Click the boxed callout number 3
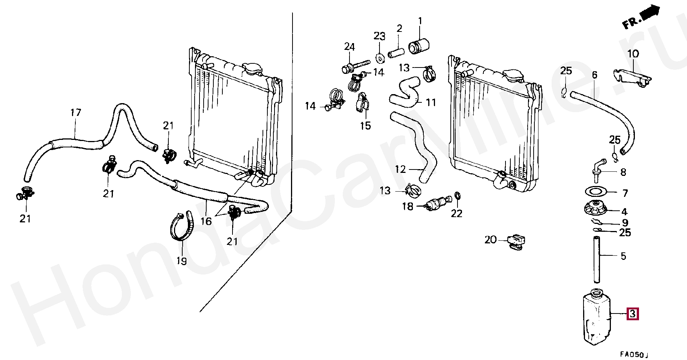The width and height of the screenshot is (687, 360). (x=632, y=313)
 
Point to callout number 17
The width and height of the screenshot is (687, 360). (x=76, y=112)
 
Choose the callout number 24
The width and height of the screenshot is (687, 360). (x=349, y=47)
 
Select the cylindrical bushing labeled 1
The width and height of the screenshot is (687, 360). (x=418, y=46)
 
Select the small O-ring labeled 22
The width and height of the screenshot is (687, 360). (x=457, y=195)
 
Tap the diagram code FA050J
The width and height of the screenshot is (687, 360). (x=633, y=354)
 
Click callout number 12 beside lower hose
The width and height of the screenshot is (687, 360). (x=400, y=169)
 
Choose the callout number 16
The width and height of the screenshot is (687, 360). (x=206, y=221)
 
